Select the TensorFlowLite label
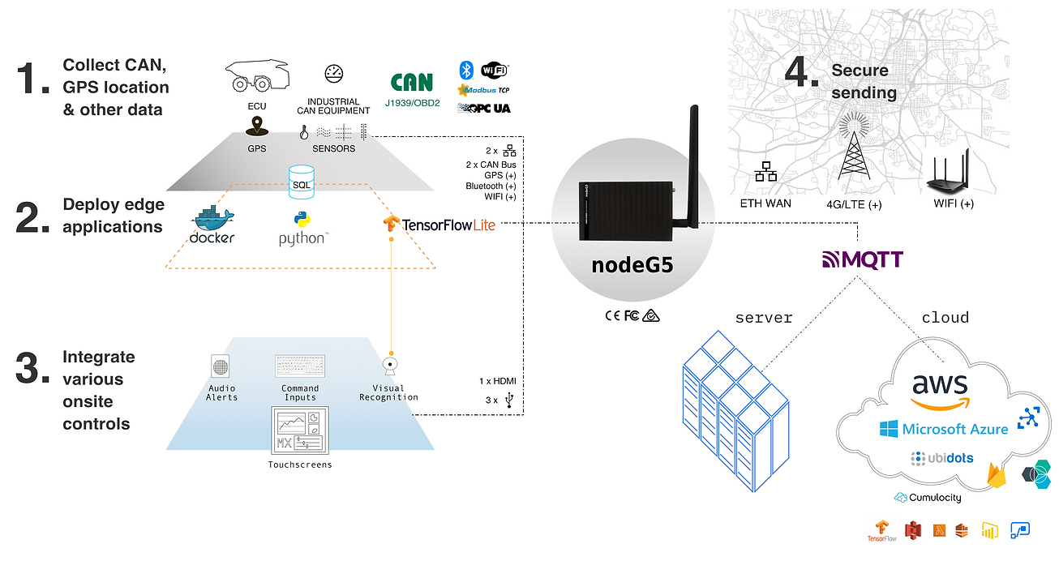[x=439, y=224]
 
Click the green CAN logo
[x=411, y=83]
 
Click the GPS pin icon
[x=257, y=126]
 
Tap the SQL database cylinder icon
[x=301, y=177]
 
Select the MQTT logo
[x=862, y=260]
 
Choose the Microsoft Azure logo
[x=944, y=428]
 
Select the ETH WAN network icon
[x=765, y=172]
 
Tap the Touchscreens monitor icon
[x=299, y=430]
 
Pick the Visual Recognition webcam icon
[x=390, y=366]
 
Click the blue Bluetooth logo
[x=466, y=69]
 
